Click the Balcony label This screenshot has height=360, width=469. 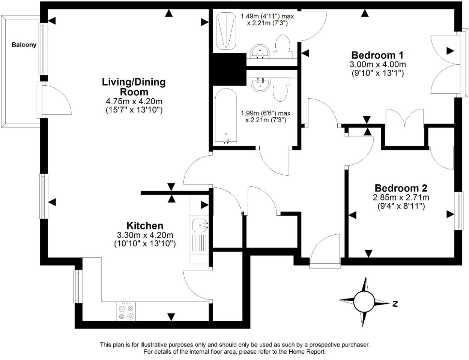[24, 45]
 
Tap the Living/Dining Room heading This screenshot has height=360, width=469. [134, 87]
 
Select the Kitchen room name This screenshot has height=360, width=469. [145, 226]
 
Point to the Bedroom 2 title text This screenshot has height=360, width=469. [401, 188]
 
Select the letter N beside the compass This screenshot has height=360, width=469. [395, 304]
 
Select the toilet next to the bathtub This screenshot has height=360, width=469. [281, 89]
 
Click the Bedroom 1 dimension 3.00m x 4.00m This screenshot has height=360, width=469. [377, 64]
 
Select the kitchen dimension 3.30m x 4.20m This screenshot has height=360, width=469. [145, 235]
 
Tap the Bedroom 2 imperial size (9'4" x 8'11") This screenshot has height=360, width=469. [401, 206]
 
